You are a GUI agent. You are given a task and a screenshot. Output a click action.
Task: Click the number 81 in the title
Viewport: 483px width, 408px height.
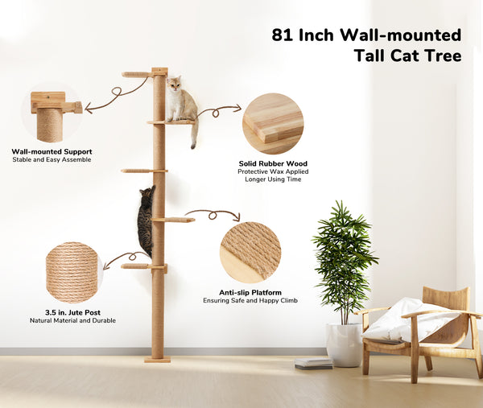click(x=283, y=35)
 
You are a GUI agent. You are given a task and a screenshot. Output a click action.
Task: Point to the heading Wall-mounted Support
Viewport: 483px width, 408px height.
click(x=52, y=151)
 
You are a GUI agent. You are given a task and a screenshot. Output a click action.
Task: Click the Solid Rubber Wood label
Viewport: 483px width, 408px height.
click(x=273, y=163)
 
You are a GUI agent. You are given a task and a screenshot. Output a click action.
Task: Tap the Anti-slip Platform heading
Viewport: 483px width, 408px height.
click(x=250, y=293)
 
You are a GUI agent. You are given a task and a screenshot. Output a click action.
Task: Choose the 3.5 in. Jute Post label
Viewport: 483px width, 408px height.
click(x=72, y=312)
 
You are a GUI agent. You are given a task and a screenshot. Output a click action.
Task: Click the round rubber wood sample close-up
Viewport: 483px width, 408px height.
click(x=273, y=124)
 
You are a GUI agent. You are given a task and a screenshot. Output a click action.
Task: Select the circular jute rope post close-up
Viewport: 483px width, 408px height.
click(x=74, y=273)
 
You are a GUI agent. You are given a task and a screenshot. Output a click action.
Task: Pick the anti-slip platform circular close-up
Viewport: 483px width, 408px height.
click(x=250, y=253)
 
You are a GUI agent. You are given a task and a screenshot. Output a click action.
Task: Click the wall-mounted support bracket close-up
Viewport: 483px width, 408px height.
click(x=52, y=113)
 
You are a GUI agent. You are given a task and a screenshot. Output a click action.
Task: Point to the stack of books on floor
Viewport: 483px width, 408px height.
click(x=314, y=364)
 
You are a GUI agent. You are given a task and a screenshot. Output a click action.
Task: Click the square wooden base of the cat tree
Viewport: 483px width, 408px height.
click(x=158, y=360)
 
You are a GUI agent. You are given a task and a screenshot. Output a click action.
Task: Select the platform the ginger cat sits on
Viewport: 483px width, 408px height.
click(x=171, y=122)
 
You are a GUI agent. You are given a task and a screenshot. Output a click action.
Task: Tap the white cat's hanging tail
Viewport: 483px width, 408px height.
click(x=194, y=134)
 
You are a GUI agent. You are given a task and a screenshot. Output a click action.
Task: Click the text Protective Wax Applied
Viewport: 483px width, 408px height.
click(x=273, y=171)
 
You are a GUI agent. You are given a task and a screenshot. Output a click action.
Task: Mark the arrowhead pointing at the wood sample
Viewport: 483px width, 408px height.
click(x=237, y=108)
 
